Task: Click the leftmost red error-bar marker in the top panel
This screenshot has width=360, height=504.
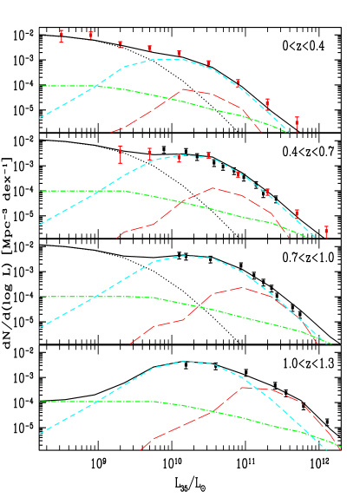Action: (x=62, y=36)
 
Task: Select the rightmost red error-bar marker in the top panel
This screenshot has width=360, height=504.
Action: (x=297, y=122)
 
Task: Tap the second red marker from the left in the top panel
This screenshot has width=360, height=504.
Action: (x=91, y=36)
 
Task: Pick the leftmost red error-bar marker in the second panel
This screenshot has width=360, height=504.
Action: (x=121, y=154)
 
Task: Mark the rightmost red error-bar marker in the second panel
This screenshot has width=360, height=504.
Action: (x=326, y=232)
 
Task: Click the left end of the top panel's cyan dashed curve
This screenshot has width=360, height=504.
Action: (x=39, y=118)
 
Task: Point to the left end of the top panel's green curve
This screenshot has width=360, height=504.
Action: (x=39, y=86)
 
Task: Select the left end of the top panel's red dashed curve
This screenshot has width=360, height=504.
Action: (x=112, y=132)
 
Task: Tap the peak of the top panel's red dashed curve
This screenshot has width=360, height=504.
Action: (x=180, y=88)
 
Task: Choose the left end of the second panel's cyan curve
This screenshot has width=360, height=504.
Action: (x=39, y=225)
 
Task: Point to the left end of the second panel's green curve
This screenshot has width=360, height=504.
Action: (x=39, y=191)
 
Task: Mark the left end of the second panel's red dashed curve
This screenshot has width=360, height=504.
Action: (x=117, y=238)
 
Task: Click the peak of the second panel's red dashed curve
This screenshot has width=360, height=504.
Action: (x=214, y=187)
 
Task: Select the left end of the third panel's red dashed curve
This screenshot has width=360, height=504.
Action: (x=130, y=344)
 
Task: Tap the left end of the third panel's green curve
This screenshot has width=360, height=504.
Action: (x=39, y=297)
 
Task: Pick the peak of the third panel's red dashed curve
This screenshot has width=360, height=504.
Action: (x=244, y=287)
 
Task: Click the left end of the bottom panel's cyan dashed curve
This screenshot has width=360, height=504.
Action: (x=39, y=434)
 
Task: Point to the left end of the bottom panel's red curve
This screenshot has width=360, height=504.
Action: (x=141, y=450)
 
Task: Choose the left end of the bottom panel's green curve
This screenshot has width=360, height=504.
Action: (x=39, y=402)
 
